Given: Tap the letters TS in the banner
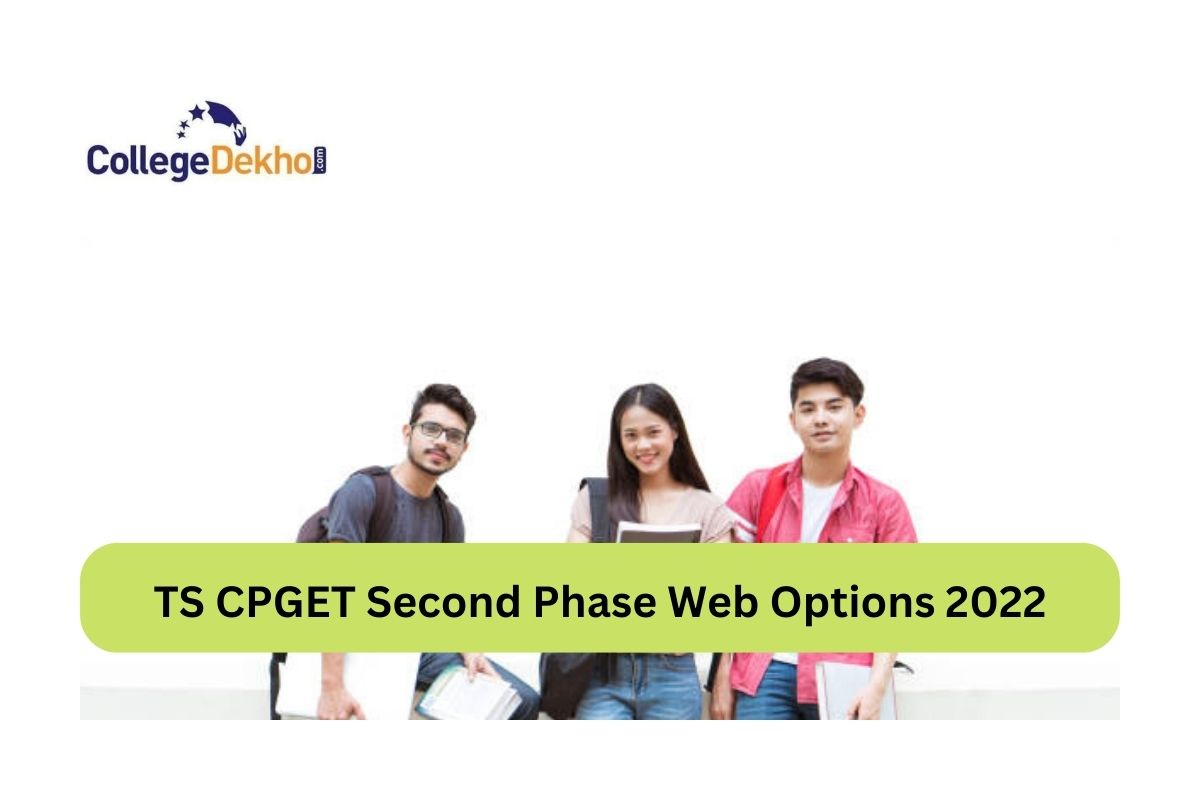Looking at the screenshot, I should click(176, 601).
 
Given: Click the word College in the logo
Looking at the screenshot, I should click(146, 161).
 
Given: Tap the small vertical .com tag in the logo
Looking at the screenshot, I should click(321, 161).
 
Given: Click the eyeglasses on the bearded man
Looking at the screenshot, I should click(441, 432).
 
